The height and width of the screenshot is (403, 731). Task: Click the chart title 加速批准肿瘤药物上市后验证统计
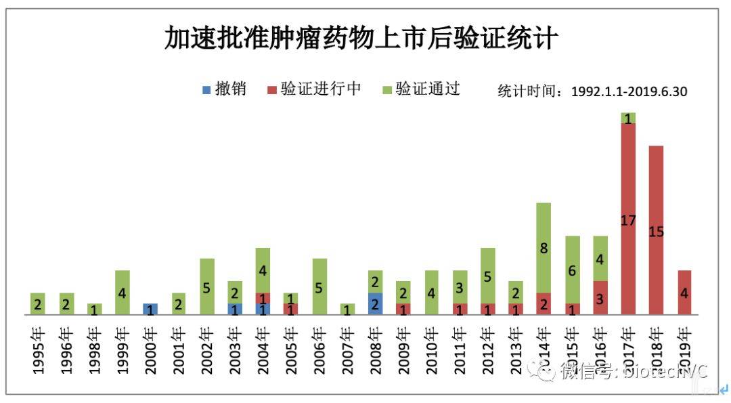coord(361,38)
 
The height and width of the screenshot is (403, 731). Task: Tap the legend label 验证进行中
coord(321,89)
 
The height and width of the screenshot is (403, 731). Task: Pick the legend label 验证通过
coord(428,89)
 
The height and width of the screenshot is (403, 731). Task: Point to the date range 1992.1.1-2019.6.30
coord(629,91)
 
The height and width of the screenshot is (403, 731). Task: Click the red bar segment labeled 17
coord(628,219)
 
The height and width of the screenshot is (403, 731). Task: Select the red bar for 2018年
coord(656,230)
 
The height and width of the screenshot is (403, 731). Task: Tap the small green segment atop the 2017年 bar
coord(628,118)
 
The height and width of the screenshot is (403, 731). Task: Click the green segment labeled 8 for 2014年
coord(544,248)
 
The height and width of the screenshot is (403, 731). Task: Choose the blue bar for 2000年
coord(150,309)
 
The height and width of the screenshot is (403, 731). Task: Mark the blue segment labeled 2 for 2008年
coord(375,303)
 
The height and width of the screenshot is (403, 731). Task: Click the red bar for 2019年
coord(684,293)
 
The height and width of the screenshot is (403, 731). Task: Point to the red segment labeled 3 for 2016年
coord(600,297)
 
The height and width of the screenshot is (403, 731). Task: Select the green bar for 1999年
coord(123,293)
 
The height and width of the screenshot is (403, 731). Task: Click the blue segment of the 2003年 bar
coord(235,309)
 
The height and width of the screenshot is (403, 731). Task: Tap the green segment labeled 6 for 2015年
coord(572,270)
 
